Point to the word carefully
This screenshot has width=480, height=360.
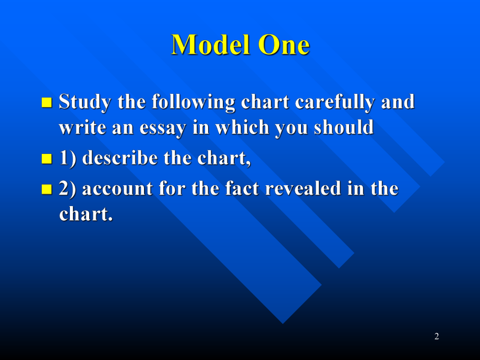[x=335, y=102]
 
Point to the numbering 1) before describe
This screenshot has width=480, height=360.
[x=68, y=159]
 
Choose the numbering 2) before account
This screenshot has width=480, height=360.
[x=68, y=188]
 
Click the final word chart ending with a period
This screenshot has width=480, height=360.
[x=86, y=214]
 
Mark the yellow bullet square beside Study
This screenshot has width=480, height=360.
[x=46, y=102]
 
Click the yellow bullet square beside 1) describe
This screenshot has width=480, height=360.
[x=46, y=159]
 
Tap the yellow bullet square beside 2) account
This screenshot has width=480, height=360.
[x=46, y=188]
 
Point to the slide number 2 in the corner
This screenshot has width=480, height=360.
[x=437, y=337]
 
